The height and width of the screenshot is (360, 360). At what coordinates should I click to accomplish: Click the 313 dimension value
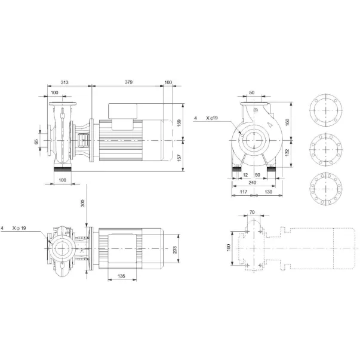tap(64, 82)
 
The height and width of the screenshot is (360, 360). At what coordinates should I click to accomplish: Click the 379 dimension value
tap(128, 82)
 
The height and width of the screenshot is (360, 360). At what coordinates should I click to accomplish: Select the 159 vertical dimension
tap(179, 122)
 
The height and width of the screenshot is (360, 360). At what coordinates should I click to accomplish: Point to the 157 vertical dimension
tap(179, 158)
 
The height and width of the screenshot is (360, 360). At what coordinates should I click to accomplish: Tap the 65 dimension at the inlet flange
tap(36, 141)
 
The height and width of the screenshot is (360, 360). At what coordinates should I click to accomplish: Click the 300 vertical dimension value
tap(82, 203)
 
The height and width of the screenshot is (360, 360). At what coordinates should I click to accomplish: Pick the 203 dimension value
tap(175, 250)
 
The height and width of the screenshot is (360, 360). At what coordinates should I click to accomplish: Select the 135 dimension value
tap(121, 276)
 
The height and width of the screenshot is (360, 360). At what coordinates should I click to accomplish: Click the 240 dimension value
tap(253, 183)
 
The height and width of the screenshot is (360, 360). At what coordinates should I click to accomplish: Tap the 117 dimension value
tap(244, 192)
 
